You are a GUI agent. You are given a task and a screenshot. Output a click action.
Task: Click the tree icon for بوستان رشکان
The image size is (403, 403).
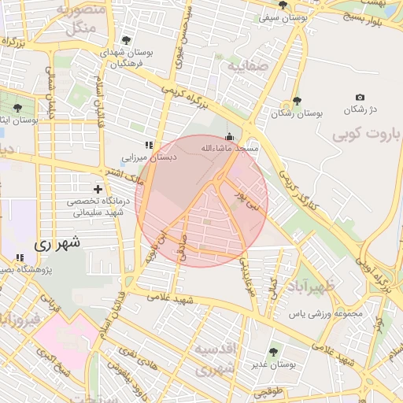click(297, 101)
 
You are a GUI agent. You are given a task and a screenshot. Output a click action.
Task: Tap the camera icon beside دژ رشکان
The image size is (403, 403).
click(360, 97)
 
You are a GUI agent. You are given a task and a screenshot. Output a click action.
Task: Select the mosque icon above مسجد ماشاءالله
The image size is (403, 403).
click(229, 135)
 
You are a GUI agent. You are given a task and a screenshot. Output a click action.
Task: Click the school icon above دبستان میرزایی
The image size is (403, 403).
click(148, 144)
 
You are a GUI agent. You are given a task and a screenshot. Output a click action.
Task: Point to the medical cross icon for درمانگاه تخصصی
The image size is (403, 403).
click(98, 190)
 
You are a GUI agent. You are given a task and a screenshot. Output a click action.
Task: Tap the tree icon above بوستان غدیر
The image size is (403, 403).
click(273, 351)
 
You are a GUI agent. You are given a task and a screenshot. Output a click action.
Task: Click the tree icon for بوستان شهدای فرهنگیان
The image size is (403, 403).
click(127, 39)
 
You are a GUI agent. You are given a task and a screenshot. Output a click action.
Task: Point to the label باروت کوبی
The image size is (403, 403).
click(366, 134)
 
